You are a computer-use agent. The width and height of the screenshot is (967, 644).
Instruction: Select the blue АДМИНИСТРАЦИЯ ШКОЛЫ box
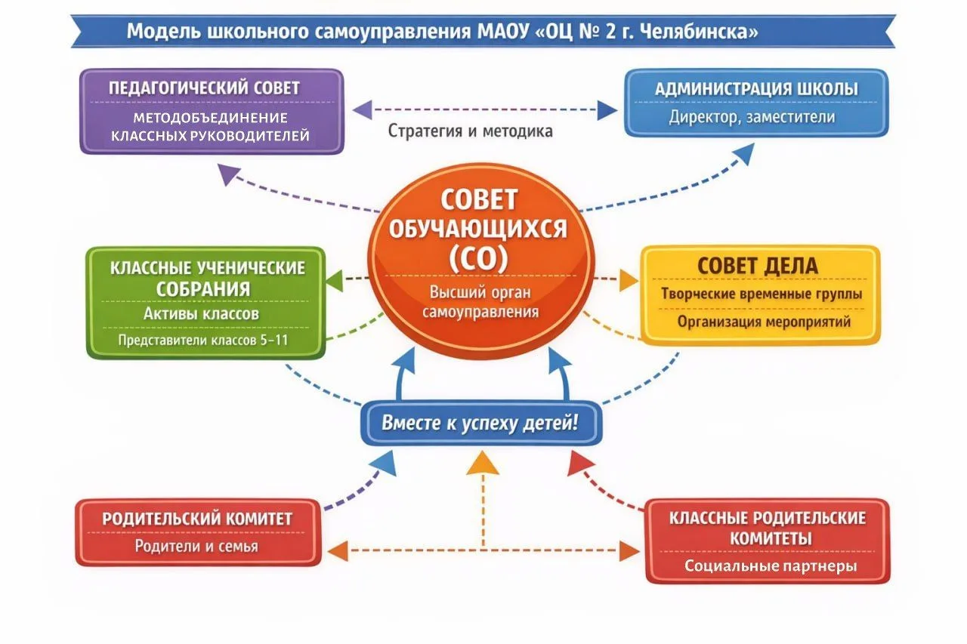[755, 103]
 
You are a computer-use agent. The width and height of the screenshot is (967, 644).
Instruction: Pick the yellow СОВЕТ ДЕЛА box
[760, 294]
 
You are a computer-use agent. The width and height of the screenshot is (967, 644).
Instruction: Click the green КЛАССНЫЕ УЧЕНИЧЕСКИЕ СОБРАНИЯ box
[206, 302]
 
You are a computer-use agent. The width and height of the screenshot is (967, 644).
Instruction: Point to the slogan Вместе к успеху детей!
[480, 423]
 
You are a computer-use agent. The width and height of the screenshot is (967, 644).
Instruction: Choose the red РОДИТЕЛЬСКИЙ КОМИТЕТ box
[197, 532]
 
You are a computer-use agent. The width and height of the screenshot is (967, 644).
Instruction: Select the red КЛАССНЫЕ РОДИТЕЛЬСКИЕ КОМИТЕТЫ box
[768, 540]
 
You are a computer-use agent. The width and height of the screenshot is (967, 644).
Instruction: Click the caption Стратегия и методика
[471, 131]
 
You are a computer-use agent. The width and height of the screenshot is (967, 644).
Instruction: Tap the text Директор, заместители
[752, 117]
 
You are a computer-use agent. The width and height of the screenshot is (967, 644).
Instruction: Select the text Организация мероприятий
[764, 322]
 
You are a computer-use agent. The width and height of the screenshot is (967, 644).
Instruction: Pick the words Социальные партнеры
[771, 565]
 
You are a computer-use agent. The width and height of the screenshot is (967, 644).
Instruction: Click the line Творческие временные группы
[762, 294]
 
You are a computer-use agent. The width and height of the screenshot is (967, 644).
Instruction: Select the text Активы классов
[202, 313]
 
